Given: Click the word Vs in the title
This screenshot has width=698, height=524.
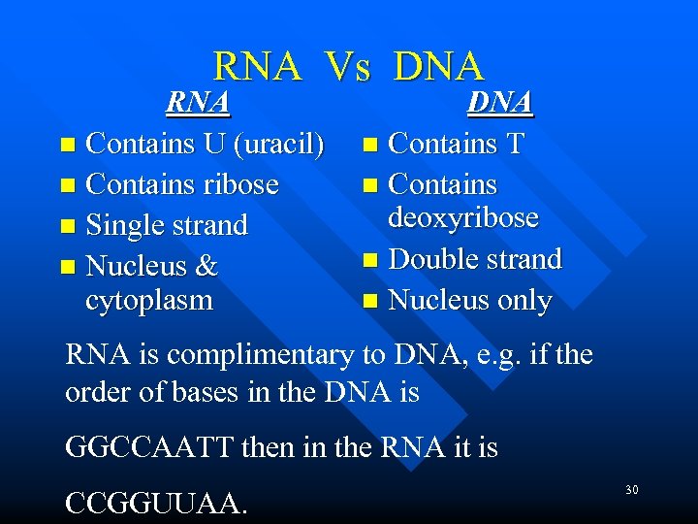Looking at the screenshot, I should click(x=348, y=67).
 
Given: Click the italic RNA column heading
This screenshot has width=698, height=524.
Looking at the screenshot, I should click(x=198, y=102).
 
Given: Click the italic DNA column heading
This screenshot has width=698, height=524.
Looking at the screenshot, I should click(x=500, y=102).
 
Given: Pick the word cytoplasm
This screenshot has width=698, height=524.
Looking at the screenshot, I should click(x=149, y=300).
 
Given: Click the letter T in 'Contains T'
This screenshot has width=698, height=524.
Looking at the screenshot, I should click(x=514, y=144).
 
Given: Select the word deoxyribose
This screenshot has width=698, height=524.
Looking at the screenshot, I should click(x=463, y=217).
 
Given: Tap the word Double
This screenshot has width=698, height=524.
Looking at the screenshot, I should click(x=432, y=259).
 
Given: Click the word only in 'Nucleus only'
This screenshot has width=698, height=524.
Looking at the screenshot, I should click(x=519, y=301).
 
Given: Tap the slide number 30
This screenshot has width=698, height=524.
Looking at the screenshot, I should click(x=631, y=490).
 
